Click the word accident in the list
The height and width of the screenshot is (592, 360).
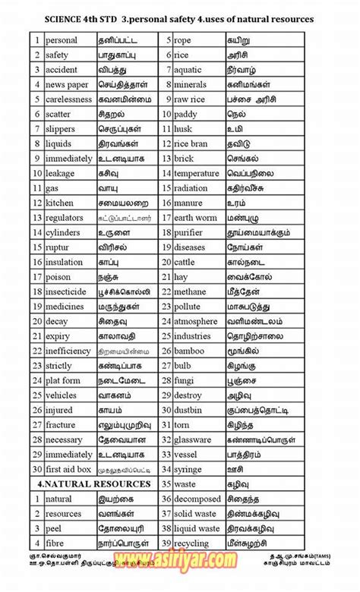pos(62,69)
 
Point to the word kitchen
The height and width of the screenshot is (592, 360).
pos(60,203)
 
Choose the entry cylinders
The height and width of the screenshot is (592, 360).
pos(64,232)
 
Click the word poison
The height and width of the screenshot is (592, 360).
pos(58,277)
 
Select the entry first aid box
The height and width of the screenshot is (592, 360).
pos(68,469)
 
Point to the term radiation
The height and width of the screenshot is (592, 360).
pos(191,188)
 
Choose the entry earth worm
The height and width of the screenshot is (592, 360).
pos(195,218)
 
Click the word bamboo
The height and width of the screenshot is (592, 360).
pos(189,351)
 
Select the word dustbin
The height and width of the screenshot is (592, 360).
pos(188,410)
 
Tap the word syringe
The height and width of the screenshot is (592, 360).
pos(188,469)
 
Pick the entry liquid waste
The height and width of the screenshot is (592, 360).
pos(197,528)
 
